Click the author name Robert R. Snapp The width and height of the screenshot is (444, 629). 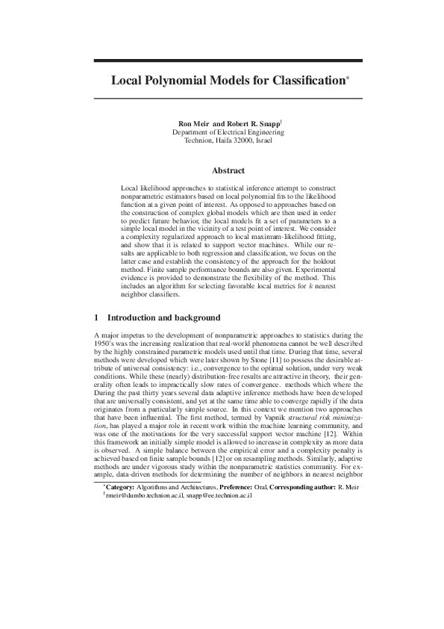[252, 123]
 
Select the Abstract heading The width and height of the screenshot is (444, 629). [228, 170]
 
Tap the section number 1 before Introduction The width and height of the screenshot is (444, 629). [98, 317]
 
